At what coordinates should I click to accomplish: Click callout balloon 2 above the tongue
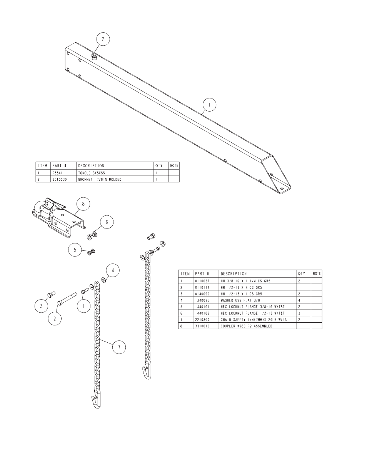(x=103, y=39)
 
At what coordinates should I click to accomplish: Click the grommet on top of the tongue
(x=95, y=56)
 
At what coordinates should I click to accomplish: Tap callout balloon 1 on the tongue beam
(x=209, y=105)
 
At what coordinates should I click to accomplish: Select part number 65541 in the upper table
(x=57, y=173)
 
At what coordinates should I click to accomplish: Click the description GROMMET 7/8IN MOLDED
(x=100, y=180)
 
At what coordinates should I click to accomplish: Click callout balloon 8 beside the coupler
(x=83, y=204)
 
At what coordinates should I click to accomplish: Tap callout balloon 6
(x=107, y=222)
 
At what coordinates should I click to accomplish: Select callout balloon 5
(x=75, y=250)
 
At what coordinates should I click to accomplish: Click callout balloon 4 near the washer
(x=113, y=271)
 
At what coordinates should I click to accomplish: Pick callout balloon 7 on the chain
(x=119, y=347)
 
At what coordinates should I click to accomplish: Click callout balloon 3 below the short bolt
(x=41, y=306)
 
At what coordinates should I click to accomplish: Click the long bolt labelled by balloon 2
(x=67, y=298)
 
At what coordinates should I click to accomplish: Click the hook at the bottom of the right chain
(x=147, y=370)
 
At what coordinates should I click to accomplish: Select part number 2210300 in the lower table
(x=202, y=320)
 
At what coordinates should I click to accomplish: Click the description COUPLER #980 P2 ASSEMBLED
(x=246, y=326)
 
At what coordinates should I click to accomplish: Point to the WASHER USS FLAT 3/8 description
(x=240, y=300)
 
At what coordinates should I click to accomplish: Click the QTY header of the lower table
(x=302, y=274)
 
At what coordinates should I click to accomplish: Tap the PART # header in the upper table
(x=59, y=166)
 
